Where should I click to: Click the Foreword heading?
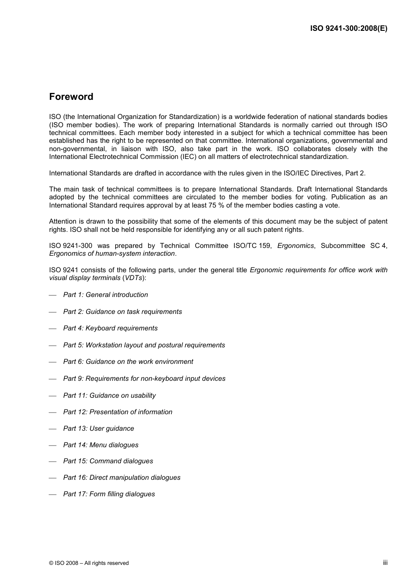(x=71, y=97)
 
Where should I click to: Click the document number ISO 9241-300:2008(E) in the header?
(x=348, y=29)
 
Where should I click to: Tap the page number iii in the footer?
(x=385, y=562)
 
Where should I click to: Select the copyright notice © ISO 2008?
(x=89, y=563)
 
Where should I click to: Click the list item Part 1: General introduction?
(x=105, y=295)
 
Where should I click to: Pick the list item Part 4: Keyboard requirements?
(x=110, y=328)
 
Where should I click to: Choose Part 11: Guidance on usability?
(x=109, y=396)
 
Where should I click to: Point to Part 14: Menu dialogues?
(x=100, y=445)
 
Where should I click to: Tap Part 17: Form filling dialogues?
(x=109, y=494)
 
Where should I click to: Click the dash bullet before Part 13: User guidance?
(x=53, y=429)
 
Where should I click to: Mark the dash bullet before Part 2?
(x=53, y=312)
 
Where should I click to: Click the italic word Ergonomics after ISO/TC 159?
(x=295, y=246)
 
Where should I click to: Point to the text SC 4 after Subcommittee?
(x=378, y=246)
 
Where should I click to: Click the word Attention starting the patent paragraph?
(x=63, y=221)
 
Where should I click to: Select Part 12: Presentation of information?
(x=117, y=412)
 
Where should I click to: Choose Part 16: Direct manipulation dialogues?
(x=122, y=478)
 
